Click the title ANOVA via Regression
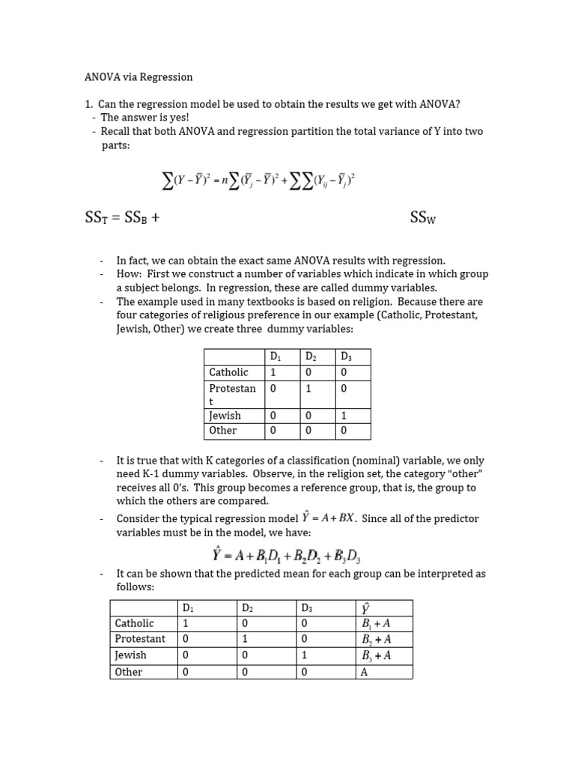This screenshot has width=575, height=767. point(138,77)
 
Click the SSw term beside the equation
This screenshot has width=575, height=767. point(423,218)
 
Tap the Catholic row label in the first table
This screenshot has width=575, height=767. point(228,372)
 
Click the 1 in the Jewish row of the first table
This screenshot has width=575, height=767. point(344,416)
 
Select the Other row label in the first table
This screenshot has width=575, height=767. point(223,431)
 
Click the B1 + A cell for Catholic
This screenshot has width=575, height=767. point(377,623)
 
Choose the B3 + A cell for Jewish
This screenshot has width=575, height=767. point(377,655)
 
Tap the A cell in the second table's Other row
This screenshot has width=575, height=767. point(365,672)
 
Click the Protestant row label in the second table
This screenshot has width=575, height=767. point(140,639)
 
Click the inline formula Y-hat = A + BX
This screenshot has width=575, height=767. point(327,518)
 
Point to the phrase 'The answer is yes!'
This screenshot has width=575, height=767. point(145,118)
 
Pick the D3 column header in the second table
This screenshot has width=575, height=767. point(307,607)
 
